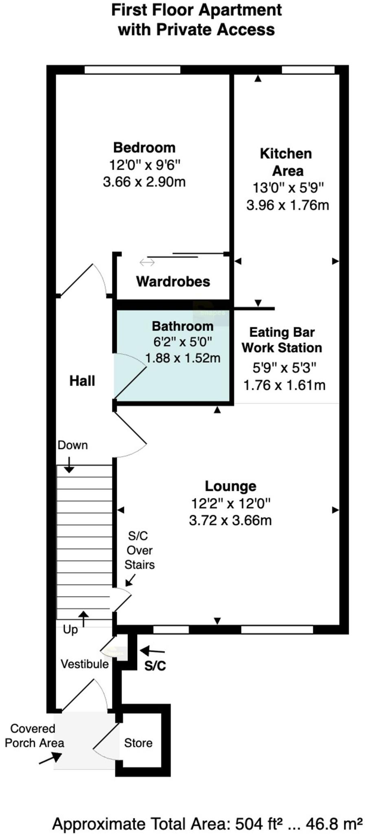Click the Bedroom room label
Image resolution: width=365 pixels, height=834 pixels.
coord(144,147)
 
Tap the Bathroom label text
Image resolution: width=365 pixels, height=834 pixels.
coord(182,326)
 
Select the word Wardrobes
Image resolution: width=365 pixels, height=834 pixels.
coord(173,281)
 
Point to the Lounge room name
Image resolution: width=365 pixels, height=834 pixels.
coord(230,486)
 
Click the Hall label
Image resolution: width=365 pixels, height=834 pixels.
coord(82,381)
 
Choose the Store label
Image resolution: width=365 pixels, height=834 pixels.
coord(138,743)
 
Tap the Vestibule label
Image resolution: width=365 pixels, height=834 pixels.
coord(85,664)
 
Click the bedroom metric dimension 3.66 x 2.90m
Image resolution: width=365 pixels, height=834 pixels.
coord(144,182)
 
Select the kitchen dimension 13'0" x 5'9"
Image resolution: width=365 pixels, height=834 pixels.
coord(288,188)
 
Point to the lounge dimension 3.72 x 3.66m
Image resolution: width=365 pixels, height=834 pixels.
coord(230,520)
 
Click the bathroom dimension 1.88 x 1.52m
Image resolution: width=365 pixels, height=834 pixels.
coord(183,358)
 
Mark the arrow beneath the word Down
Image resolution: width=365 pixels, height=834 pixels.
coord(69,465)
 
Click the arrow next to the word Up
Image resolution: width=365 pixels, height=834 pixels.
coord(83,619)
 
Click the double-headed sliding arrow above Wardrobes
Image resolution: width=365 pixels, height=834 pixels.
coord(147,262)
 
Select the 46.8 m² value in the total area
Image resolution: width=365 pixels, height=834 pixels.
coord(334,824)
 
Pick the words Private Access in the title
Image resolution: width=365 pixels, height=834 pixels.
coord(216,30)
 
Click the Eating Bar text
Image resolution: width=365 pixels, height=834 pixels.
coord(282,332)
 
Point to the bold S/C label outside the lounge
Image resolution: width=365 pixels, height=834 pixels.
coord(155,666)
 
